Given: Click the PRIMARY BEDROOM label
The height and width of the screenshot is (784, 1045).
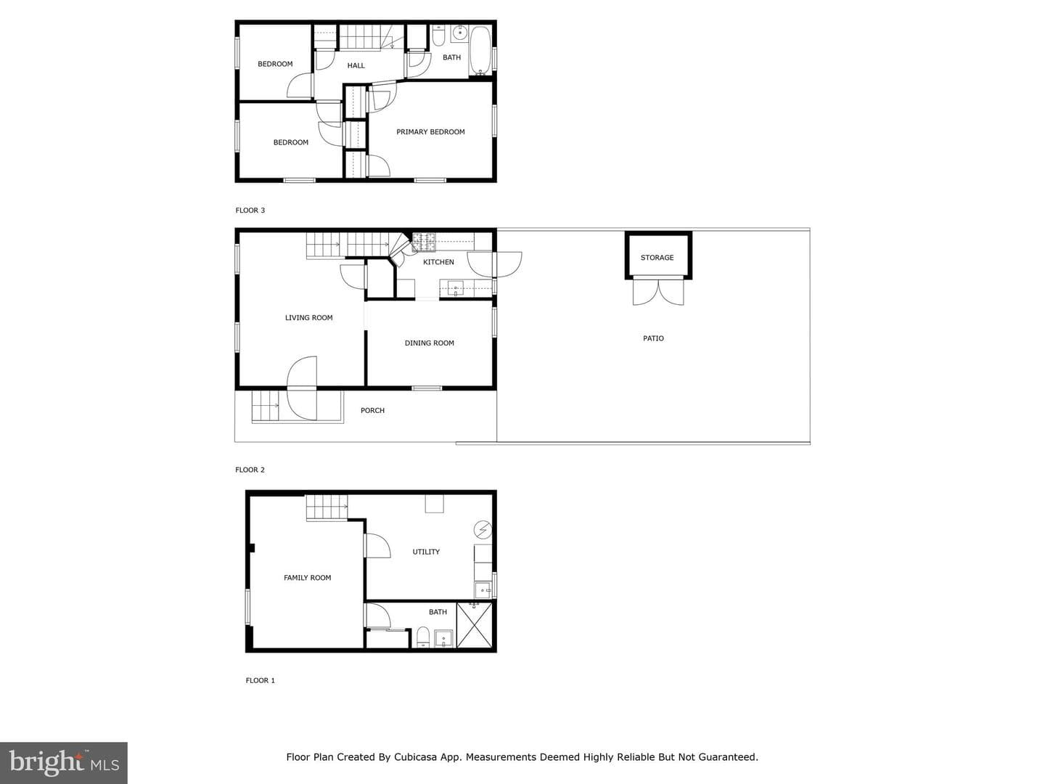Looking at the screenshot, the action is point(430,132).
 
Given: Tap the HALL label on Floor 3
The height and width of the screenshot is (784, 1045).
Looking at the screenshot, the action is point(356,65).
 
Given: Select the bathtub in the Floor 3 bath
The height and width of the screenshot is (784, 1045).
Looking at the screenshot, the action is point(480,51).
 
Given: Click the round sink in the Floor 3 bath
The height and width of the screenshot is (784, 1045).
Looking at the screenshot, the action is point(459,33).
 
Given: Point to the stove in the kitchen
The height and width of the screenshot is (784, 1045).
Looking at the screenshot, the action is point(424,242).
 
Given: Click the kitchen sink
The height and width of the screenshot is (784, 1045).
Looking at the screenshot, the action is point(455,289).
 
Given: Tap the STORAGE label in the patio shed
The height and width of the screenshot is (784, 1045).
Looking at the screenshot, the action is point(657,258).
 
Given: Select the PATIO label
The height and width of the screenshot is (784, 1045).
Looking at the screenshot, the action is point(653,338).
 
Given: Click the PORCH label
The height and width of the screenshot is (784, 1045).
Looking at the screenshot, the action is point(372,410).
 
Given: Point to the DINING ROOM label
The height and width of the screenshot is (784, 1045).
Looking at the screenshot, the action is point(429,343).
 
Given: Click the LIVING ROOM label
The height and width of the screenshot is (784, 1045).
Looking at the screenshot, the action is point(308,317).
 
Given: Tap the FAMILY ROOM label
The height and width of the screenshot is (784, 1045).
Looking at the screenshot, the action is point(307,577).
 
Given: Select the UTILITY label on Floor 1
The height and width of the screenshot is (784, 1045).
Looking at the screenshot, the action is point(425,552).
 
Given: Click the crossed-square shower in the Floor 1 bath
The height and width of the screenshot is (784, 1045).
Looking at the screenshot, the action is point(474,625).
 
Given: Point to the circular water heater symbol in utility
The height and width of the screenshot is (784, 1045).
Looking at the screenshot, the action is point(483,530).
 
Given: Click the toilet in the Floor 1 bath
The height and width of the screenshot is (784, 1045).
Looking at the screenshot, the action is point(423,637).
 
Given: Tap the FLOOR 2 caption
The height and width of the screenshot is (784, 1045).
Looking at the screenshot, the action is point(250,470).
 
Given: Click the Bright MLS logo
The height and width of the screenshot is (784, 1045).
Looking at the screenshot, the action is point(64,763).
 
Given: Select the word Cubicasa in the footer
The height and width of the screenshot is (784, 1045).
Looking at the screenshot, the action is point(415,757).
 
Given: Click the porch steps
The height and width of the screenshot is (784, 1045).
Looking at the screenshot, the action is point(266,406).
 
